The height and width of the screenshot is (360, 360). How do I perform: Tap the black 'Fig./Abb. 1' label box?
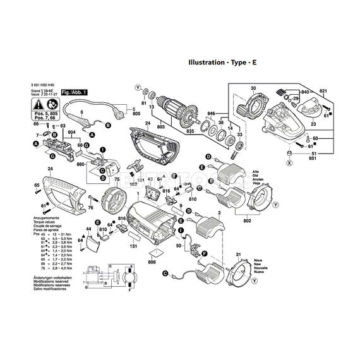75,92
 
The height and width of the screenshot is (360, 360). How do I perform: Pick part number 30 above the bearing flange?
253,88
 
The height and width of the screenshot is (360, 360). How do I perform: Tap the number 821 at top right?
323,92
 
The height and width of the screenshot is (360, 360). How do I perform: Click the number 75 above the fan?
116,181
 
